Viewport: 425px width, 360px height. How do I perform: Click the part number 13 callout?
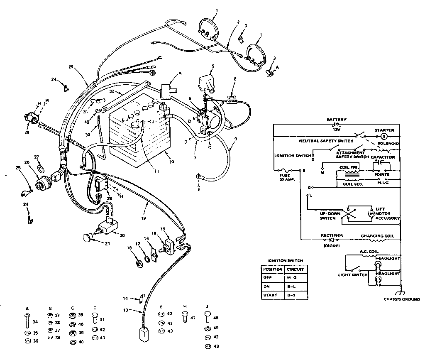[x=126, y=310]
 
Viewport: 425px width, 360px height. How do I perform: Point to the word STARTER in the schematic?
[x=384, y=130]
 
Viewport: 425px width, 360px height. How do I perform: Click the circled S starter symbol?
[x=384, y=136]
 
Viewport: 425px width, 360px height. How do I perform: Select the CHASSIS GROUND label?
[x=401, y=299]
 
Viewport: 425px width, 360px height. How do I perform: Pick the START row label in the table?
[x=270, y=295]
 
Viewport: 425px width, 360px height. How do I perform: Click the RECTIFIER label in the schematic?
[x=332, y=235]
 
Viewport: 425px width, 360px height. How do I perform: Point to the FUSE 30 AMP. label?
[x=285, y=177]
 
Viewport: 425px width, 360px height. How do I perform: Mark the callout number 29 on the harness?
[x=71, y=67]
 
